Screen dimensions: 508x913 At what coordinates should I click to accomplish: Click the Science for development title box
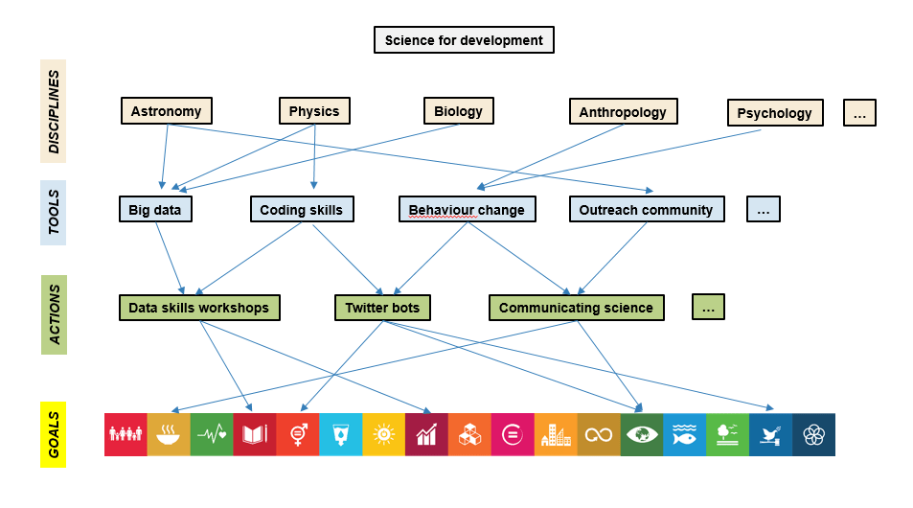[x=464, y=40]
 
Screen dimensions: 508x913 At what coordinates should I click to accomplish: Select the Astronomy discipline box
[x=166, y=111]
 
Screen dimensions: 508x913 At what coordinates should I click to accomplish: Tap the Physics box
[x=314, y=111]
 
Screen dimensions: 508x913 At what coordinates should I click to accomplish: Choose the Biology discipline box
[x=458, y=111]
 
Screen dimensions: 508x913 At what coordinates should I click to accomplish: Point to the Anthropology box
[x=623, y=112]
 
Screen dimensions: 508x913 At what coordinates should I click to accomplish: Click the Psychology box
[x=774, y=113]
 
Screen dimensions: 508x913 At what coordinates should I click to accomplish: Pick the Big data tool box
[x=155, y=209]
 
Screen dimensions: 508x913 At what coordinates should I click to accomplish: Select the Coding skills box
[x=302, y=209]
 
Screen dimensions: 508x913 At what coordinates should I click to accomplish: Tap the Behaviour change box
[x=467, y=210]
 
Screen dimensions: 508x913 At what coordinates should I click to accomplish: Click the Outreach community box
[x=646, y=209]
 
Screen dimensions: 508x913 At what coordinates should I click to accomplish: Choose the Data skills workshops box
[x=199, y=308]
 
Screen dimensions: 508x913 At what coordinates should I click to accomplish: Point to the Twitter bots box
[x=382, y=308]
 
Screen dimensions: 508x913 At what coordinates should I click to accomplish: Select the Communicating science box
[x=576, y=308]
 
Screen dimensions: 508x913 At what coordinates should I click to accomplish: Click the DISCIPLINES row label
[x=54, y=111]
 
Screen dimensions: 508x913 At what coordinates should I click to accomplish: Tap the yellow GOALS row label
[x=53, y=434]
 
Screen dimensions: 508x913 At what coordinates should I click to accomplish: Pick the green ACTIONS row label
[x=54, y=313]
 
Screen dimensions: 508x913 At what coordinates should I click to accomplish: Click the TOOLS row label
[x=54, y=212]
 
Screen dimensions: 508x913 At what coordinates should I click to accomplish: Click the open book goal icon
[x=255, y=434]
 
